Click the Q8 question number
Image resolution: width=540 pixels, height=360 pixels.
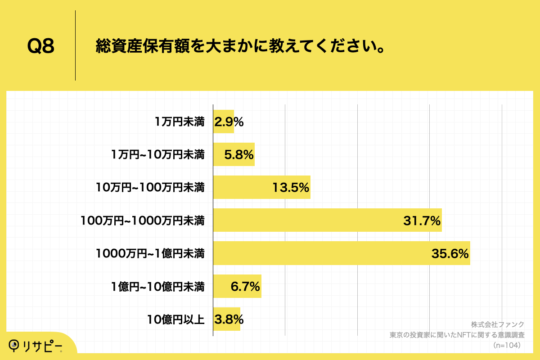(41, 46)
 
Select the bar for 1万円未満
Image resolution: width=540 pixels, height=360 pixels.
(223, 121)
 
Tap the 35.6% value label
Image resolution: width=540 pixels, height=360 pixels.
(450, 254)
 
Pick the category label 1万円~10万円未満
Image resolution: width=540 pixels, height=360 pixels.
(157, 155)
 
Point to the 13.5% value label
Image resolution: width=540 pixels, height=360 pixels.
(290, 188)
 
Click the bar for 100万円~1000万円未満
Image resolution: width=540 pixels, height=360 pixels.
(327, 220)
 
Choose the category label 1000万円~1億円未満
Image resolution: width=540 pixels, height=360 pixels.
(150, 254)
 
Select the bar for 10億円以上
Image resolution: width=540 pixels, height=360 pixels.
(226, 319)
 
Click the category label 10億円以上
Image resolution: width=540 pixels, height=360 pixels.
(176, 320)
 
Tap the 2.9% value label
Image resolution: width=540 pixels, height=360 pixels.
(229, 122)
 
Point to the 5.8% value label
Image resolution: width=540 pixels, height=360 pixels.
(239, 155)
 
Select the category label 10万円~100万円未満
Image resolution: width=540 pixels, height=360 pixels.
(150, 188)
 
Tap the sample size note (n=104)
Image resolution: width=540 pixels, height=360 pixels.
(507, 345)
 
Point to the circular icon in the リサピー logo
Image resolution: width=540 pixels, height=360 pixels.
(14, 345)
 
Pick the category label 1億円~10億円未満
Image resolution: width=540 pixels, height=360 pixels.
(157, 287)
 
